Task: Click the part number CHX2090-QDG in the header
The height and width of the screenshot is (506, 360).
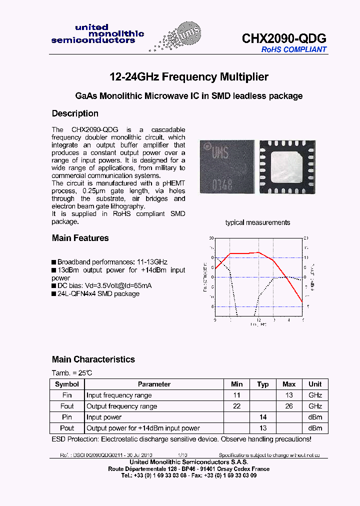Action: (x=284, y=38)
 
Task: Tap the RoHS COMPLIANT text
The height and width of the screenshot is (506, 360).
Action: (x=294, y=49)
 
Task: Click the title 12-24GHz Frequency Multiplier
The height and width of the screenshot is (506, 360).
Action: (x=189, y=77)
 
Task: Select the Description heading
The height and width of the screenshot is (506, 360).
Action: (x=75, y=113)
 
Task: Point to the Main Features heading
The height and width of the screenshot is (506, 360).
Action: (x=80, y=238)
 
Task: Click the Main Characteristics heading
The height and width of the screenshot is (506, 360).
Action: (x=93, y=359)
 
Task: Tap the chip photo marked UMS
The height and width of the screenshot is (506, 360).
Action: (x=223, y=165)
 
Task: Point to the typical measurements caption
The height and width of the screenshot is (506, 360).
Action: (x=257, y=222)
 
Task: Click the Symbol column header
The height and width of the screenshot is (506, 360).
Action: (x=67, y=384)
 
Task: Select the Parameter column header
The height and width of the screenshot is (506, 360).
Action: (x=154, y=384)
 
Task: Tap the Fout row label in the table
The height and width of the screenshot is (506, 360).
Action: (x=67, y=406)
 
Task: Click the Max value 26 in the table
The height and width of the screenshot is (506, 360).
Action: (x=289, y=406)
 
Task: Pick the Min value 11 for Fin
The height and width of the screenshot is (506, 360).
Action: (x=237, y=395)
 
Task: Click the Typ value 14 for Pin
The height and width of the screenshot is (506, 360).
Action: (x=263, y=417)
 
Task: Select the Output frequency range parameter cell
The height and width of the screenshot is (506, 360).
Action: (x=121, y=406)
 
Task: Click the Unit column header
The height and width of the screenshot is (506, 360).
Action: (x=315, y=384)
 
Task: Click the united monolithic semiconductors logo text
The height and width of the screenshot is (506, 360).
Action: (x=97, y=34)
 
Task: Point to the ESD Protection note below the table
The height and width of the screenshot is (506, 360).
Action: (x=181, y=439)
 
